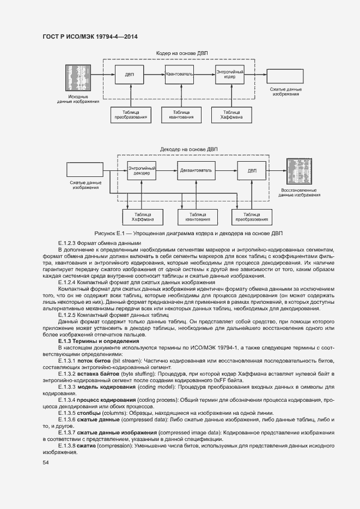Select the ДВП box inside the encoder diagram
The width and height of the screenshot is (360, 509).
pos(129,74)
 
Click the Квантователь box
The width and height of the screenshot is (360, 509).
pos(179,74)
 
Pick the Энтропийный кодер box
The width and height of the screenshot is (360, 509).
pos(229,74)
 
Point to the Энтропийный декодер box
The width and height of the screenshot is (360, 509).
pos(142,170)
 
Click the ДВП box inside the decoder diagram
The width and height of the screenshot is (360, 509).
pos(252,170)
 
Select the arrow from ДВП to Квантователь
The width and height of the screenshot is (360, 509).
pos(154,74)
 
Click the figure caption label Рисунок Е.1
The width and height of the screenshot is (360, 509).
pos(111,232)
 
